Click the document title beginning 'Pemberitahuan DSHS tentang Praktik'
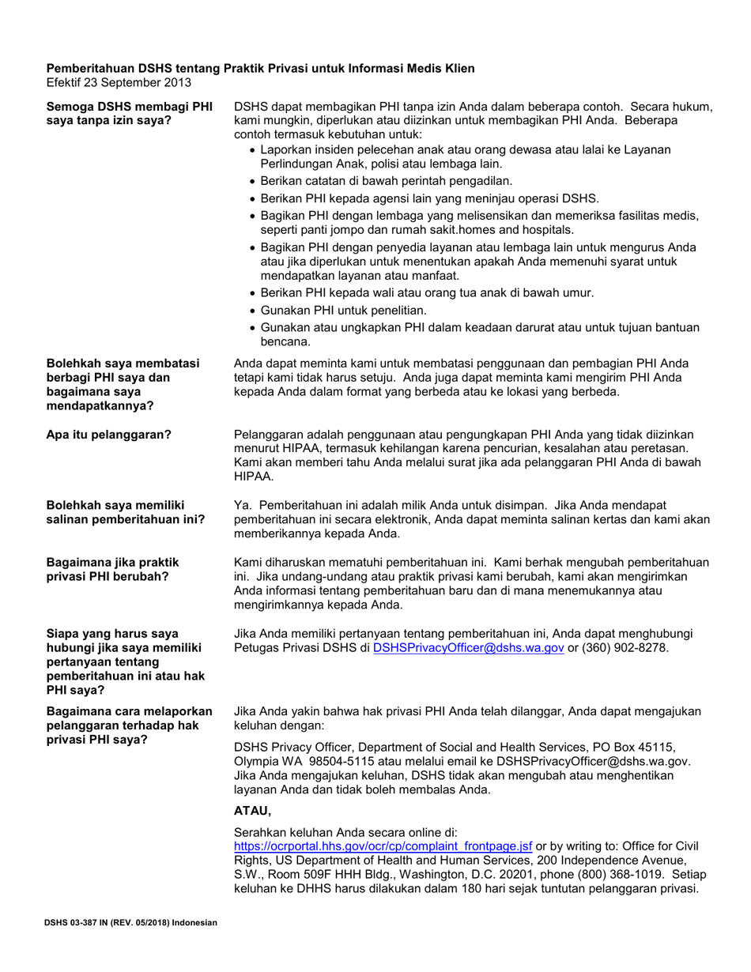[x=261, y=69]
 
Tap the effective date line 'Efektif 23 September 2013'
[x=119, y=82]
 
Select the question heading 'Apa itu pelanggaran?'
[x=109, y=434]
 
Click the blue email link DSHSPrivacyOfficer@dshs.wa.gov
[x=468, y=648]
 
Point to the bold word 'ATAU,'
[x=253, y=810]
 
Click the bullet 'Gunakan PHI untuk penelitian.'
[x=343, y=310]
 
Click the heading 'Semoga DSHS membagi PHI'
[x=130, y=107]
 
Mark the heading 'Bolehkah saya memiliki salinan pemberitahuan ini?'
[x=126, y=512]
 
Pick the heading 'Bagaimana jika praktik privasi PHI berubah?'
[x=113, y=569]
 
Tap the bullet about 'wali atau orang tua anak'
[x=427, y=293]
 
